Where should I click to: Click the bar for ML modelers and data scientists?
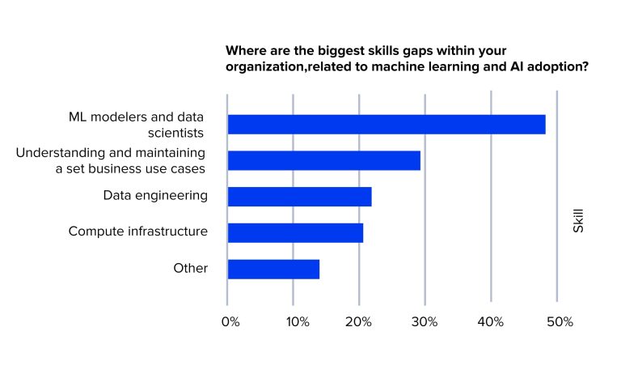[x=387, y=124]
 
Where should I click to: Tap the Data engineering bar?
[x=299, y=197]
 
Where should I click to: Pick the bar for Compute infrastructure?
[x=295, y=233]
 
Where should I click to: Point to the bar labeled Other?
[x=273, y=269]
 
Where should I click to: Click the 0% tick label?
[x=230, y=322]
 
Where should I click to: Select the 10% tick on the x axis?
[x=296, y=322]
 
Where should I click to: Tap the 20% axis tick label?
[x=359, y=322]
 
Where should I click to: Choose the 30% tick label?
[x=425, y=322]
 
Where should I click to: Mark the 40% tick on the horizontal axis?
[x=492, y=322]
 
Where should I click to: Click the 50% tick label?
[x=560, y=322]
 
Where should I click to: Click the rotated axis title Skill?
[x=578, y=220]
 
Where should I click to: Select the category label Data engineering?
[x=155, y=195]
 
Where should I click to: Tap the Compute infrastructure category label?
[x=138, y=231]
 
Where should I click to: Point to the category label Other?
[x=190, y=268]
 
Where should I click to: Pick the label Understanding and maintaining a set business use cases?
[x=111, y=160]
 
